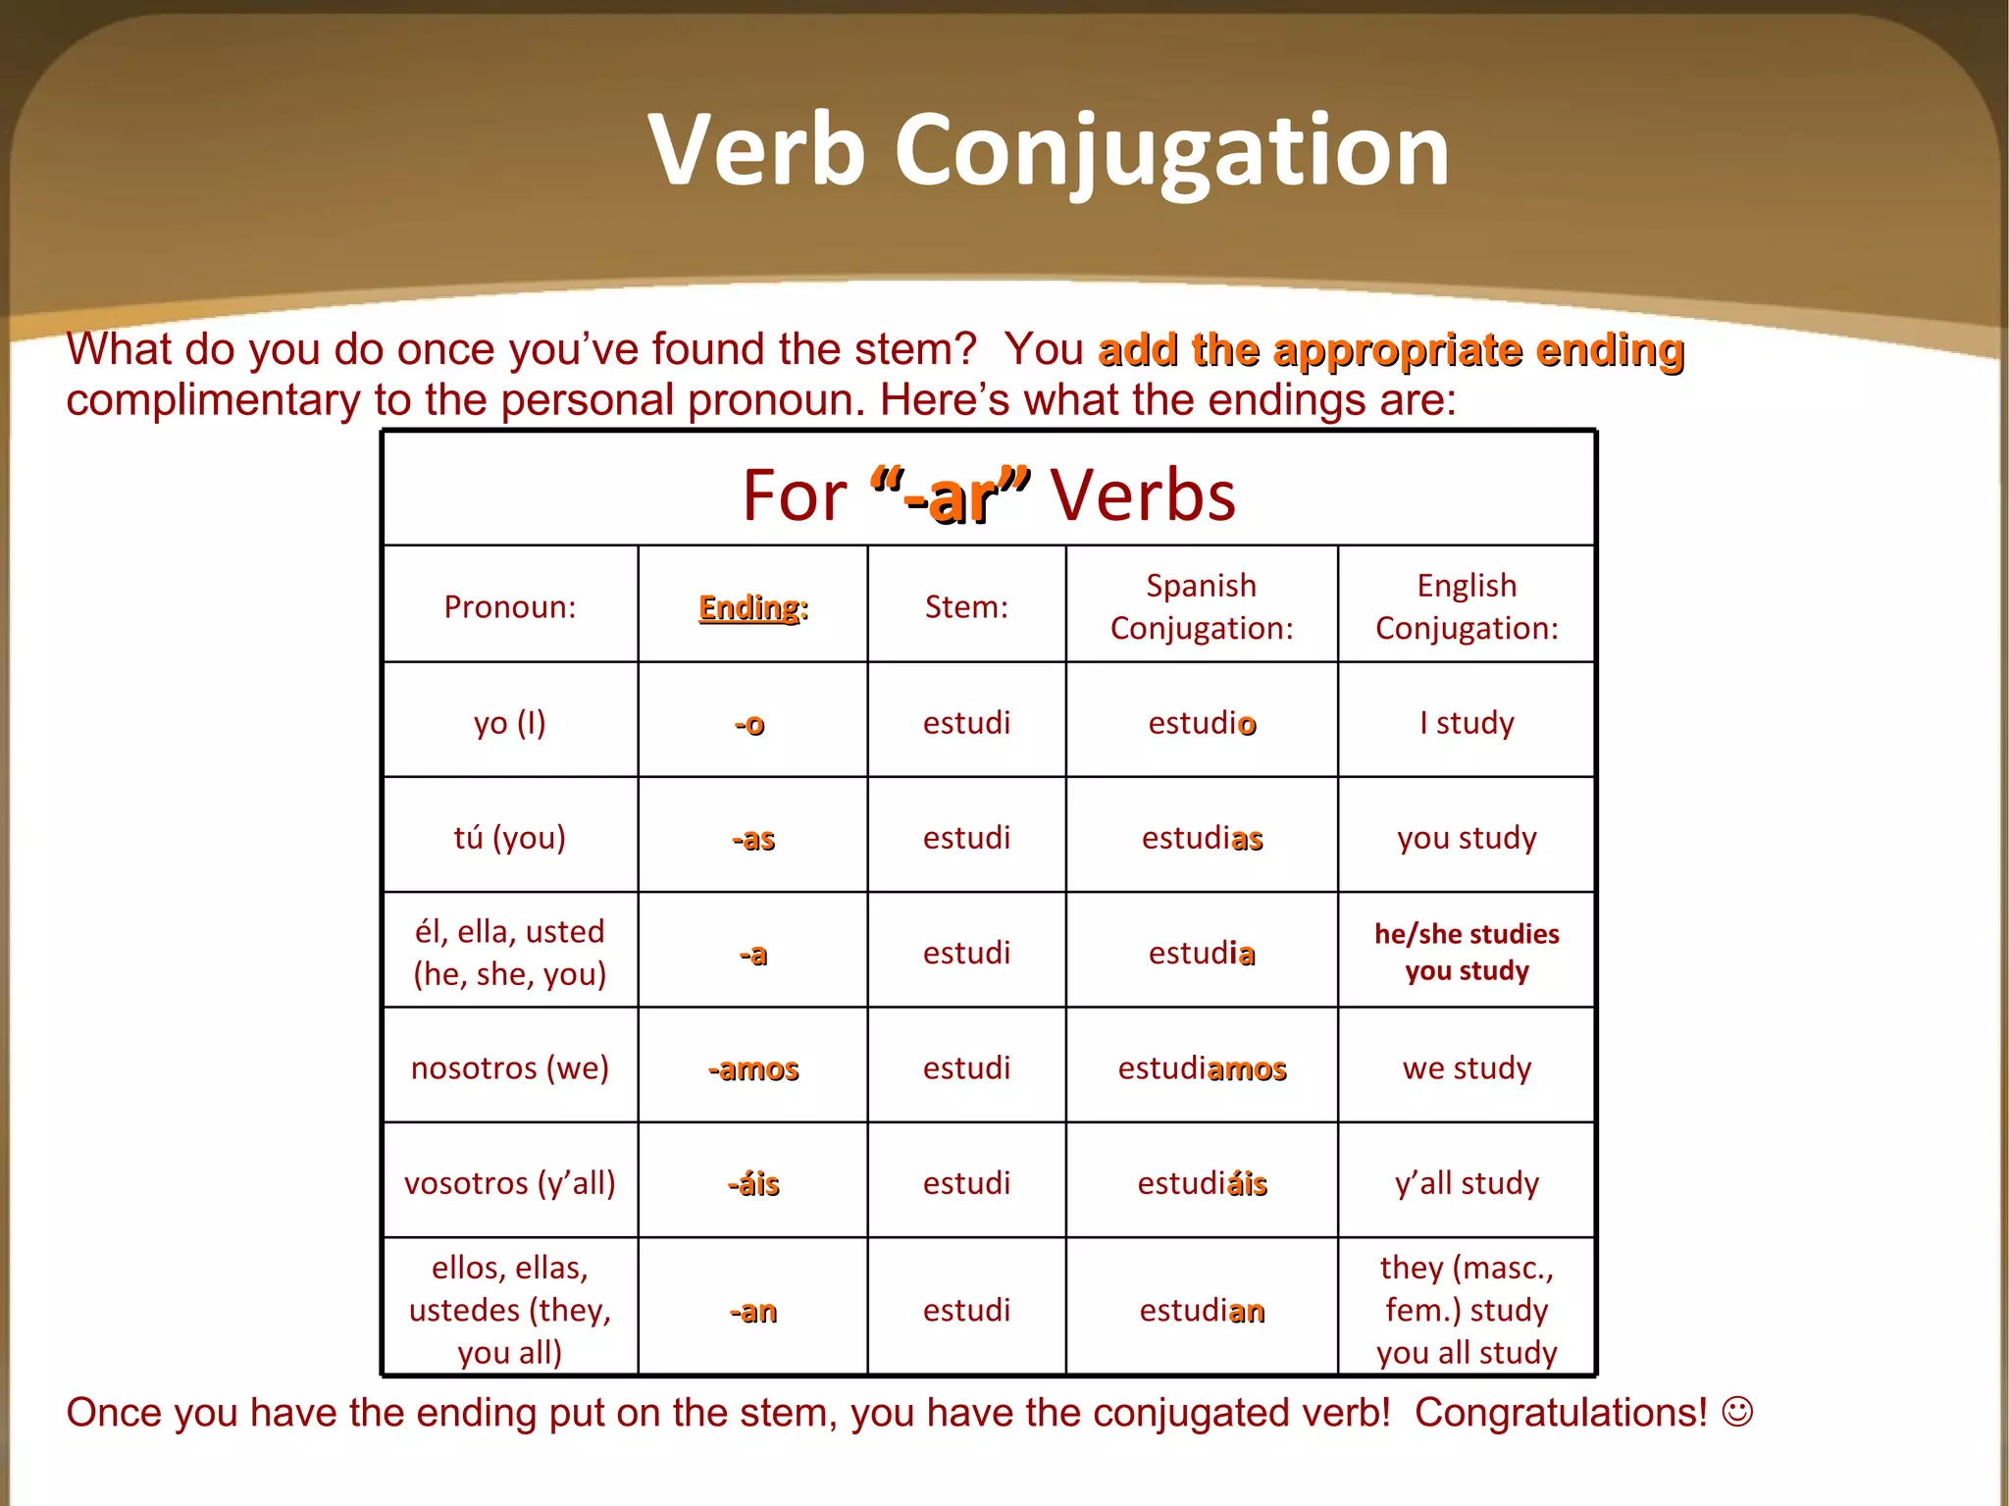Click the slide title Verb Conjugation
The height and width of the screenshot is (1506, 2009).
pos(1048,149)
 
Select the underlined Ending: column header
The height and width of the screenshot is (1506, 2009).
pos(752,607)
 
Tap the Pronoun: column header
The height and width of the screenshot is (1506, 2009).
pos(509,607)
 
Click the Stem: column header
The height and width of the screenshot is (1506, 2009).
pos(966,607)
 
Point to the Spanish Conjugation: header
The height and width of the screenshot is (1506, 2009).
pos(1202,606)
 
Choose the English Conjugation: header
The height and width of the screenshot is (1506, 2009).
pos(1467,606)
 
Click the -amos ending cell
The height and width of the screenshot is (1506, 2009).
pos(752,1068)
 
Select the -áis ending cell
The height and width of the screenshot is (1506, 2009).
pos(752,1184)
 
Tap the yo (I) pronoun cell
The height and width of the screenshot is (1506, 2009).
pos(509,723)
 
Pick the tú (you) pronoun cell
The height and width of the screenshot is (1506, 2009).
pos(509,838)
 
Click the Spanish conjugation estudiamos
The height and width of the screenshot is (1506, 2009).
pos(1202,1068)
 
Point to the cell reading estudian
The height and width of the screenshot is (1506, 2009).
pos(1202,1311)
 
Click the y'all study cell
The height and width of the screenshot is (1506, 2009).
pos(1467,1183)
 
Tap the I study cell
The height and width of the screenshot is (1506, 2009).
pos(1467,723)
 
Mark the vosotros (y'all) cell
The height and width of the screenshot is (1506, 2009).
pos(509,1183)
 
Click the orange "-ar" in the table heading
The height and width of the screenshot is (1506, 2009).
pos(950,496)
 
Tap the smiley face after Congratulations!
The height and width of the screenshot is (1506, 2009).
pos(1737,1412)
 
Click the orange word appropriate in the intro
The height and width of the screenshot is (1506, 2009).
pos(1397,351)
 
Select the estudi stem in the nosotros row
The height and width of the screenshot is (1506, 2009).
pos(966,1068)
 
